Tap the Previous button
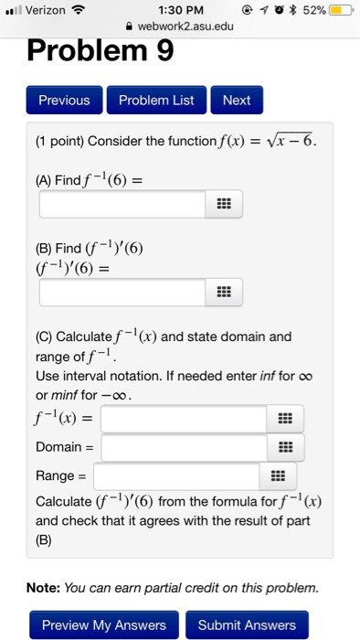point(64,101)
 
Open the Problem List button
point(156,101)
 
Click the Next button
point(237,101)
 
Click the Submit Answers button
point(247,625)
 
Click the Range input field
point(176,475)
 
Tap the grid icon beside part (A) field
point(223,204)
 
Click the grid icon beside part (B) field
point(223,293)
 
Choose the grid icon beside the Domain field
point(285,447)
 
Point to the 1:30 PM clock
point(179,11)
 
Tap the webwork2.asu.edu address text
point(185,27)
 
